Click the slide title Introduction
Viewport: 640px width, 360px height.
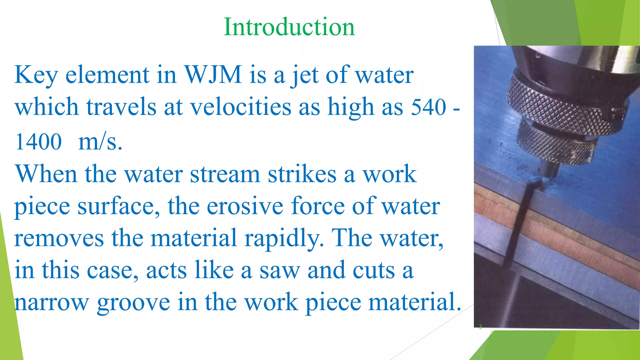click(x=289, y=27)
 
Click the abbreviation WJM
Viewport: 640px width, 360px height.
click(x=213, y=75)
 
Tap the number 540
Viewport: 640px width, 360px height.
click(x=428, y=107)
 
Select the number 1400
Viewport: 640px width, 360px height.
click(x=38, y=142)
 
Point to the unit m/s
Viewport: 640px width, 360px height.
click(x=100, y=142)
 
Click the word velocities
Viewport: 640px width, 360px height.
click(x=241, y=107)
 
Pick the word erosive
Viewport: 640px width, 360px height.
click(x=245, y=206)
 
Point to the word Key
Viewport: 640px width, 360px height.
click(x=36, y=75)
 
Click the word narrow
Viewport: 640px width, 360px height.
click(x=52, y=302)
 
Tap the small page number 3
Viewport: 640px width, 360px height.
click(x=480, y=327)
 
